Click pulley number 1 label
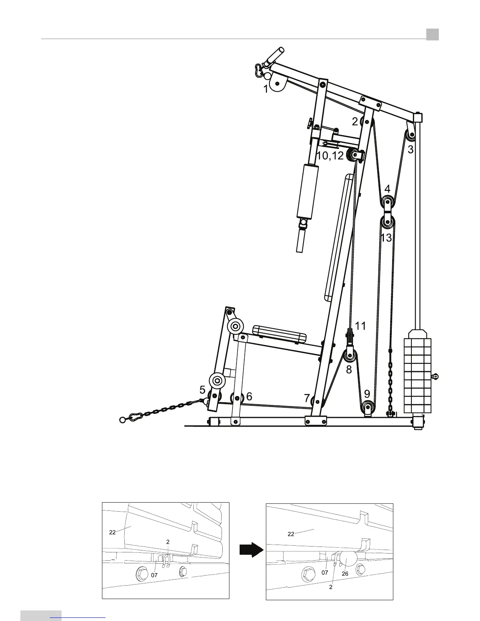point(266,89)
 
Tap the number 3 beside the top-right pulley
point(410,149)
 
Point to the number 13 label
point(386,237)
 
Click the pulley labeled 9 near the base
point(367,407)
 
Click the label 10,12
point(330,156)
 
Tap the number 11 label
point(360,325)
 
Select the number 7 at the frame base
point(307,398)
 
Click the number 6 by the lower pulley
point(249,396)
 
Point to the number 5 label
point(202,390)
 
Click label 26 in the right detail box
point(345,573)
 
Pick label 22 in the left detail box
point(112,532)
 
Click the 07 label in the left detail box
point(155,575)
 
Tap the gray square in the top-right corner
point(433,34)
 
